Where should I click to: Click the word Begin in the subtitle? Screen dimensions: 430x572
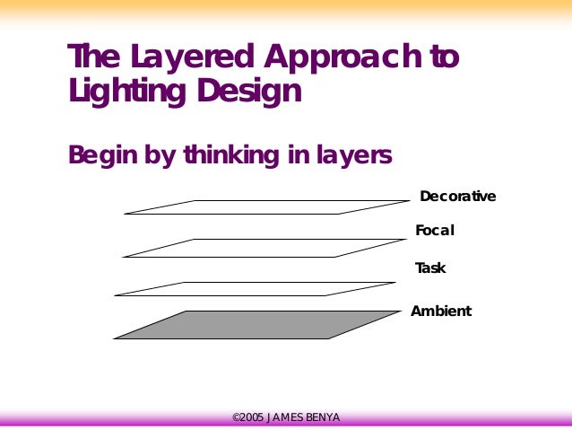click(100, 155)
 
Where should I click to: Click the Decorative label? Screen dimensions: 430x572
click(457, 197)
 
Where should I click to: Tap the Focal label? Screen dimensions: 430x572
click(435, 231)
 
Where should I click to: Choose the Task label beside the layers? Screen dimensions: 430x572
click(430, 268)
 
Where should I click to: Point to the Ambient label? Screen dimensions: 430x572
click(441, 312)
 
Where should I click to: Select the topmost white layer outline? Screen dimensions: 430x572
click(266, 207)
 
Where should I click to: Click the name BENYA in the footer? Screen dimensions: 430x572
click(321, 417)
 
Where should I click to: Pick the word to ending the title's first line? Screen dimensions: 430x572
click(444, 57)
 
